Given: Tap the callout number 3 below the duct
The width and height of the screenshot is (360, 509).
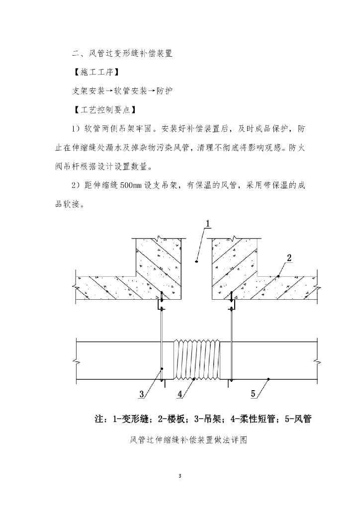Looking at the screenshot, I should (x=142, y=395).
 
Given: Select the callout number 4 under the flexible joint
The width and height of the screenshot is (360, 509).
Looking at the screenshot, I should (x=180, y=394).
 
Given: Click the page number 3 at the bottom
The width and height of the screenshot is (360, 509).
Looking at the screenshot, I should (x=180, y=476).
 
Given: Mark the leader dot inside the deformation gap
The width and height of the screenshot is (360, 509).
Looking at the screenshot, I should (x=197, y=260).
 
